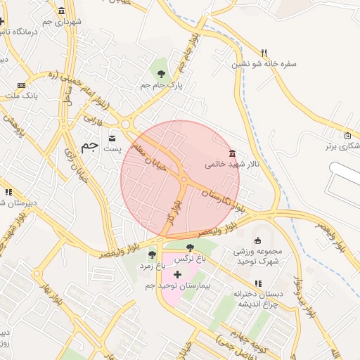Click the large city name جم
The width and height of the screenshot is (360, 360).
89,146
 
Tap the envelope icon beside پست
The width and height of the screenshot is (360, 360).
112,137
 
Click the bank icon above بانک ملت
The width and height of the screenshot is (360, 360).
20,85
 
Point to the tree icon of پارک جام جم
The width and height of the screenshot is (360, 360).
162,72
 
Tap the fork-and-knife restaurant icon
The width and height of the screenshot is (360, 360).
264,52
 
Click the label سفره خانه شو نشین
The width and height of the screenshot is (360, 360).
266,64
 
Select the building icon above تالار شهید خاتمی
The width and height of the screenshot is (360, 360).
232,154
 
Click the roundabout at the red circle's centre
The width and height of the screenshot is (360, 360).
183,180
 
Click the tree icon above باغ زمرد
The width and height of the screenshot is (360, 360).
152,255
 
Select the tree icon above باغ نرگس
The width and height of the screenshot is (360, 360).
191,247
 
